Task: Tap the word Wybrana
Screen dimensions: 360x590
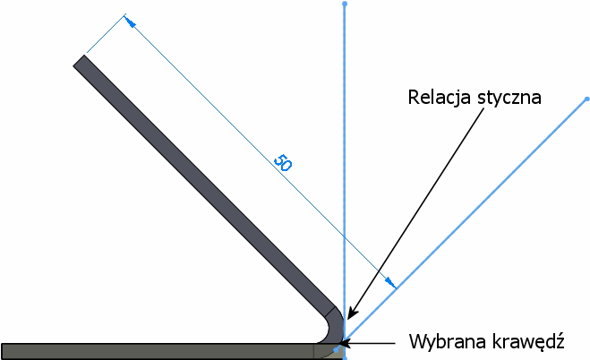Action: point(443,341)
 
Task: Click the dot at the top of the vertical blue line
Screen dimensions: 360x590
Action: point(344,4)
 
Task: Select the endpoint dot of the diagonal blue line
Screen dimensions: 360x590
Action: point(586,99)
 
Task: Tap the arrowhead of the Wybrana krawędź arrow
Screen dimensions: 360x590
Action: point(346,342)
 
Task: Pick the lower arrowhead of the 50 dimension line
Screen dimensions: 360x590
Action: point(391,284)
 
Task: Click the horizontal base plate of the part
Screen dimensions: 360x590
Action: point(161,350)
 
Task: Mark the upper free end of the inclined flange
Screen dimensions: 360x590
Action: point(80,62)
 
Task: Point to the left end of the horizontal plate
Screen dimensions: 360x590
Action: point(4,350)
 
